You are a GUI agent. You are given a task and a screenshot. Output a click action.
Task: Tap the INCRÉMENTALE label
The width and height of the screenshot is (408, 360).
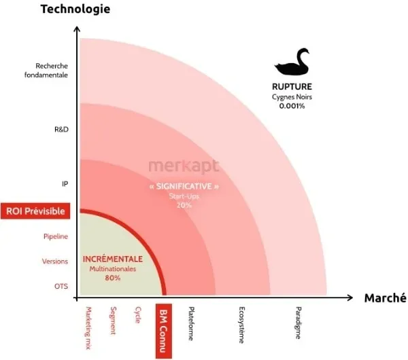[x=113, y=259]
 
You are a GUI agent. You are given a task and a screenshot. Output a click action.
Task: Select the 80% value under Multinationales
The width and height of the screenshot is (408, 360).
[x=113, y=278]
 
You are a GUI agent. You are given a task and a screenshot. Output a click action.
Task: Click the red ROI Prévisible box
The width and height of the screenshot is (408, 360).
[x=35, y=211]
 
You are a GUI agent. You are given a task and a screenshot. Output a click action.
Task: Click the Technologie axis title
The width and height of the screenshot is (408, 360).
[x=75, y=9]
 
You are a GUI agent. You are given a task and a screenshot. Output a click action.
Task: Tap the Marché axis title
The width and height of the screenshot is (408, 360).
[x=385, y=298]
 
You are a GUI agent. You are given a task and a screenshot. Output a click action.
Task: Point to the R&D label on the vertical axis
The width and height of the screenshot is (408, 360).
[x=61, y=128]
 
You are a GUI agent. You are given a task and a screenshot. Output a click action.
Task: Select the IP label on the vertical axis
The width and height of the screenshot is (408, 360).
[x=65, y=183]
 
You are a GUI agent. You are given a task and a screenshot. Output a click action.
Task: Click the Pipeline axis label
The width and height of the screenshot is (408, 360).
[x=55, y=236]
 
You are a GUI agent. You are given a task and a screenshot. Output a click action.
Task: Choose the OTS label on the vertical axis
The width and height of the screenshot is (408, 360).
[x=61, y=286]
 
